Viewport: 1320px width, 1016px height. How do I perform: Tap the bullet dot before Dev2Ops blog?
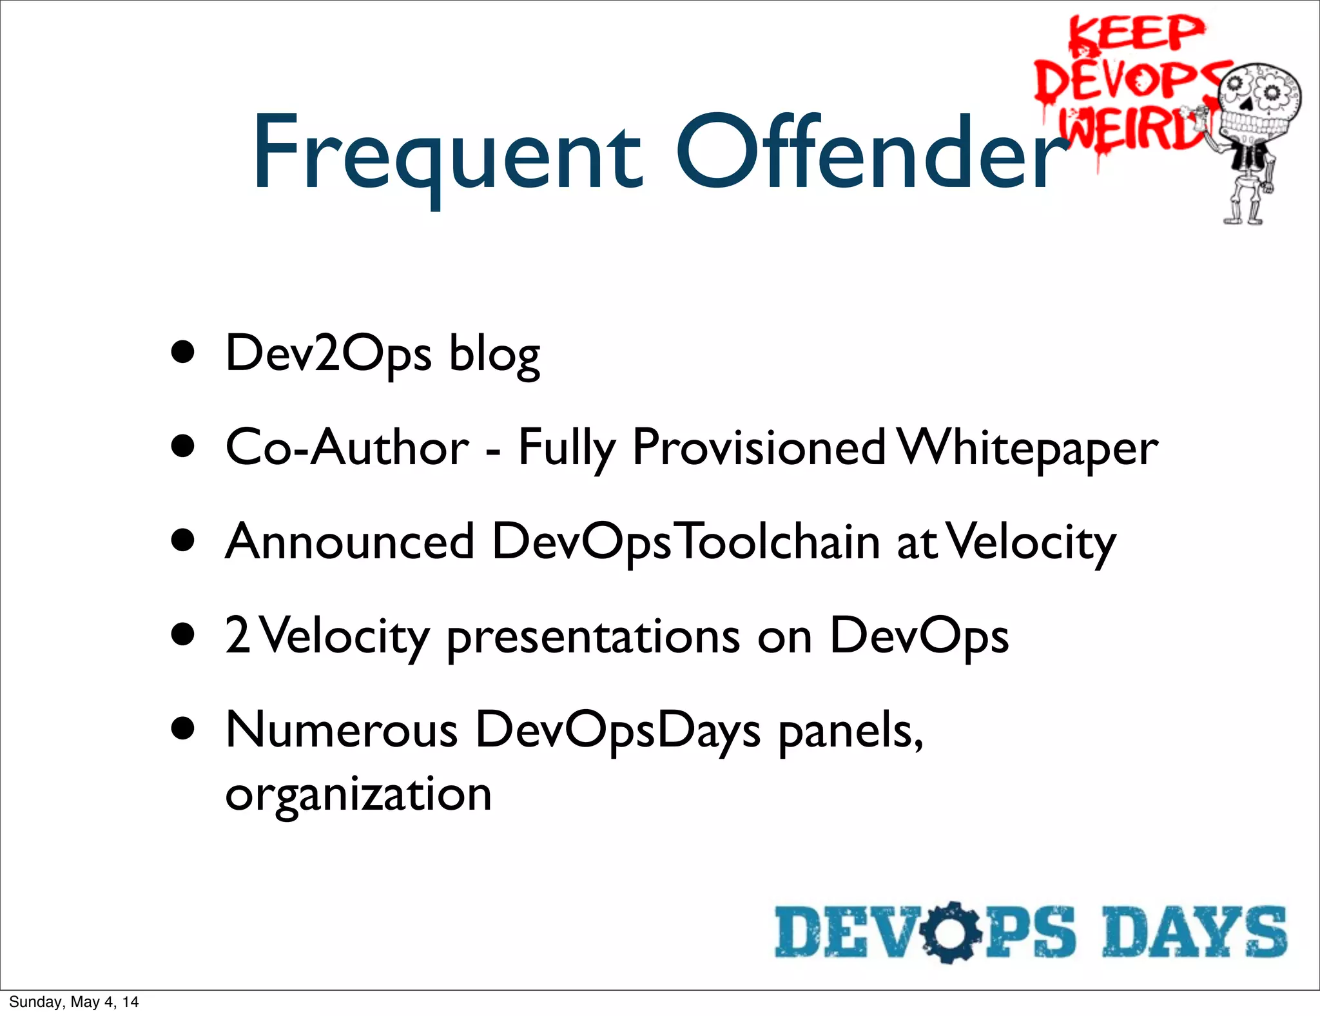coord(184,353)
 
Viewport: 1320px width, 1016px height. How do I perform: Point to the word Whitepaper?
coord(1028,448)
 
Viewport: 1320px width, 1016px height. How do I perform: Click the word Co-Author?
coord(347,447)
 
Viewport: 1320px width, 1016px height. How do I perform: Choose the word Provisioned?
coord(759,447)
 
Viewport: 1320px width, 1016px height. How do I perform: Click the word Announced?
coord(350,542)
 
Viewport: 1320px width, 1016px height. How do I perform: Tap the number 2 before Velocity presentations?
coord(237,636)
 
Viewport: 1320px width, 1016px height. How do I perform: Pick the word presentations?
coord(593,637)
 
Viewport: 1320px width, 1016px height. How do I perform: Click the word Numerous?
coord(342,730)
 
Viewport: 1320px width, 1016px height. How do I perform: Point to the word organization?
coord(358,794)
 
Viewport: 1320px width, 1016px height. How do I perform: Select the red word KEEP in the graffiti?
coord(1136,34)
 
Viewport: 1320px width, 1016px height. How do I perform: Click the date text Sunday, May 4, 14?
coord(73,1002)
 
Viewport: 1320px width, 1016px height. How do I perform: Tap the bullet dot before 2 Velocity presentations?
coord(184,634)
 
